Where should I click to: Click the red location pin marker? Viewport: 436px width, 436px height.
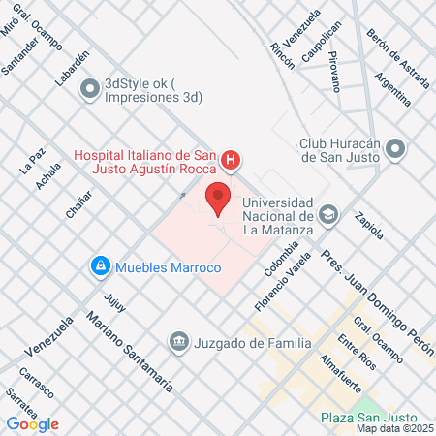click(x=219, y=198)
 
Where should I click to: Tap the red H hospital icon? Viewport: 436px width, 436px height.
click(x=231, y=159)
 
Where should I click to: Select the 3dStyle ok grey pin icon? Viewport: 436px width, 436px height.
click(x=90, y=89)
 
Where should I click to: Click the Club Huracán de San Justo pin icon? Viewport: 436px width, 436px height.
click(x=394, y=149)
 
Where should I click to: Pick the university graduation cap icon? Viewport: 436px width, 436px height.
click(x=329, y=214)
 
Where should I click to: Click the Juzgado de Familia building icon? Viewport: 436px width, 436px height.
click(x=178, y=341)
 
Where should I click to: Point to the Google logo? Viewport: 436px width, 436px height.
click(x=33, y=423)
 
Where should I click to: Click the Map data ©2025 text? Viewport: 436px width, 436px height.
click(x=393, y=427)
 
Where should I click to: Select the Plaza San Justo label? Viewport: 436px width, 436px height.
click(x=366, y=418)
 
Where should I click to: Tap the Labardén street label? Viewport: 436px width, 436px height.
click(x=65, y=70)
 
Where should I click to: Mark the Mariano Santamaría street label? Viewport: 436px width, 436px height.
click(x=130, y=351)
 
